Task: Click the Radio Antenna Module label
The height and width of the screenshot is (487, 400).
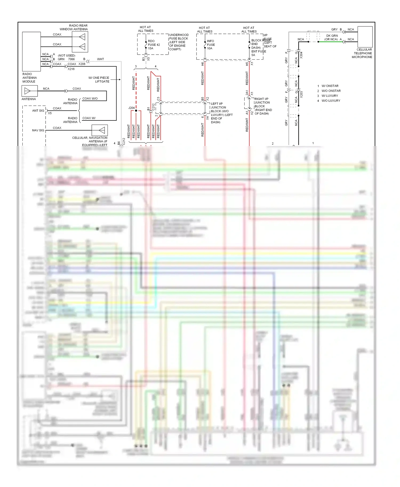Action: point(29,78)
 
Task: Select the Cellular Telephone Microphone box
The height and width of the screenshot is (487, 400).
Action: point(365,37)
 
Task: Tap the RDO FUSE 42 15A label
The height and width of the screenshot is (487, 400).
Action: point(154,45)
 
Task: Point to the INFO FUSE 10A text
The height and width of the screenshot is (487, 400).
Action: point(211,45)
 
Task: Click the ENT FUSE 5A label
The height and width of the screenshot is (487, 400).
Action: point(258,53)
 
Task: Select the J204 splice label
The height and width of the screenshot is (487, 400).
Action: point(131,108)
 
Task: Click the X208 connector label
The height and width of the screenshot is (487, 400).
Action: point(82,64)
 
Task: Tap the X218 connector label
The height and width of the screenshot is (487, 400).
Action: point(71,69)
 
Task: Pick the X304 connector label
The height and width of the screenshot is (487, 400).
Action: point(301,55)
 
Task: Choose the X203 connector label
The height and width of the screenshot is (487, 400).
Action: point(301,95)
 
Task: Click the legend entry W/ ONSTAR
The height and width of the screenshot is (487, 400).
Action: point(330,86)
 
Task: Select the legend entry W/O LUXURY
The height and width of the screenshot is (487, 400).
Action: point(331,101)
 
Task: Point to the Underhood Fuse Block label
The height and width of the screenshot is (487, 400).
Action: point(179,42)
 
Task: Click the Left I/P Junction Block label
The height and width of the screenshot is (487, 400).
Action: point(221,113)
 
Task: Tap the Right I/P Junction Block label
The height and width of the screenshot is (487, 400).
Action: point(263,106)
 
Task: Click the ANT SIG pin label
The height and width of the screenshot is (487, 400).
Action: point(38,111)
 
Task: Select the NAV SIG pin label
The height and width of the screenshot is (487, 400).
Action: point(38,130)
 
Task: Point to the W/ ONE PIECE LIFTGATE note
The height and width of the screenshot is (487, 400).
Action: point(99,80)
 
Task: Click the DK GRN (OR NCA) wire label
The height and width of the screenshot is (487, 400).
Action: point(331,38)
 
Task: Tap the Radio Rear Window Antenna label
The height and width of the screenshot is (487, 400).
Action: point(74,27)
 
